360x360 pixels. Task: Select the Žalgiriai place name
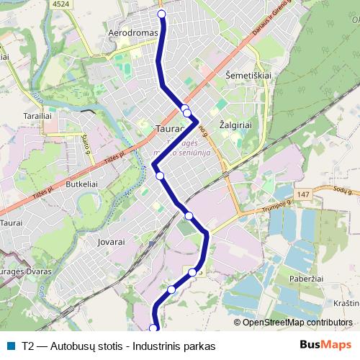pos(235,125)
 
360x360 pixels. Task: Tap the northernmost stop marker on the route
pos(161,14)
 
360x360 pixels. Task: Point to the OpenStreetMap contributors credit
pos(297,323)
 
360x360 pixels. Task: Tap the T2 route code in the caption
pos(28,346)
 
